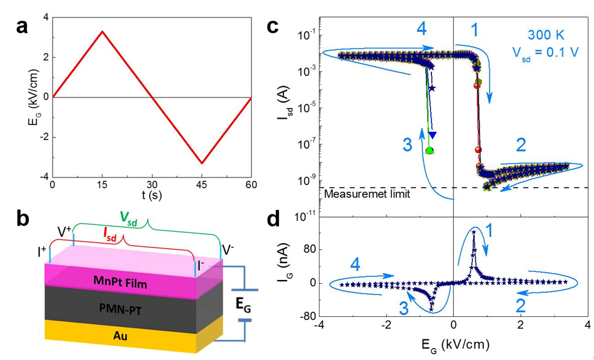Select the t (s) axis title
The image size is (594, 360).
coord(151,195)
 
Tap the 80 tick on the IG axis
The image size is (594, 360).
coord(306,249)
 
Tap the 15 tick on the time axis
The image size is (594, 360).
coord(102,185)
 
